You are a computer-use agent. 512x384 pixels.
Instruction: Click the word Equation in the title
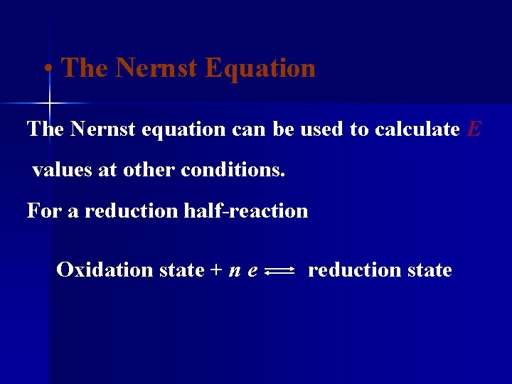click(260, 68)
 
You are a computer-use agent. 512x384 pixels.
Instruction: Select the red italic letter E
click(474, 129)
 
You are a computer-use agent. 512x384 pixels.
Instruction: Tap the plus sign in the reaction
click(215, 270)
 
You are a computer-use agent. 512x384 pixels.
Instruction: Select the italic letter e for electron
click(252, 271)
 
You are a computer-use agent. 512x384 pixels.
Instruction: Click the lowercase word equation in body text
click(186, 129)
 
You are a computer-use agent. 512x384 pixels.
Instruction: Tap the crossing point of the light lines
click(49, 104)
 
